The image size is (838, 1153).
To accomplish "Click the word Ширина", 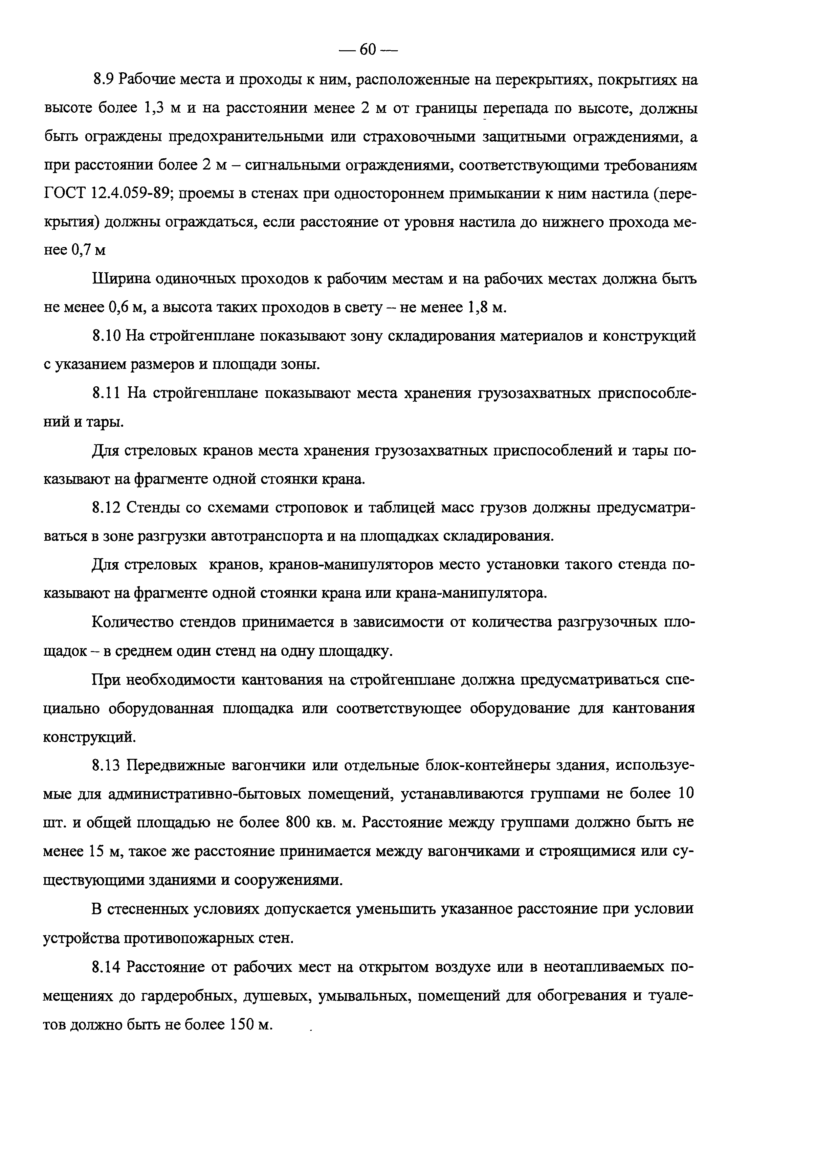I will point(120,279).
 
